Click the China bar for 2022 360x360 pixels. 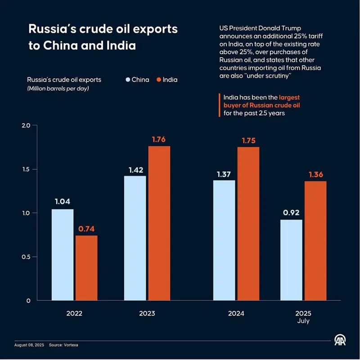coord(63,255)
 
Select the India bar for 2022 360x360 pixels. coord(86,268)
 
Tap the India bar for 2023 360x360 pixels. coord(159,223)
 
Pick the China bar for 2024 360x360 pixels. coord(224,240)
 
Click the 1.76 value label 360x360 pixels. coord(159,139)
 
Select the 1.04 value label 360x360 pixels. coord(63,202)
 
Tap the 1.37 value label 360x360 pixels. coord(224,173)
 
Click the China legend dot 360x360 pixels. coord(128,80)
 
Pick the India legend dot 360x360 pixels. coord(159,80)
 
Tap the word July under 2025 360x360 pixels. coord(303,321)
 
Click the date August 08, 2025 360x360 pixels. coord(29,345)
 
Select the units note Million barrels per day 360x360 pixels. coord(58,88)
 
